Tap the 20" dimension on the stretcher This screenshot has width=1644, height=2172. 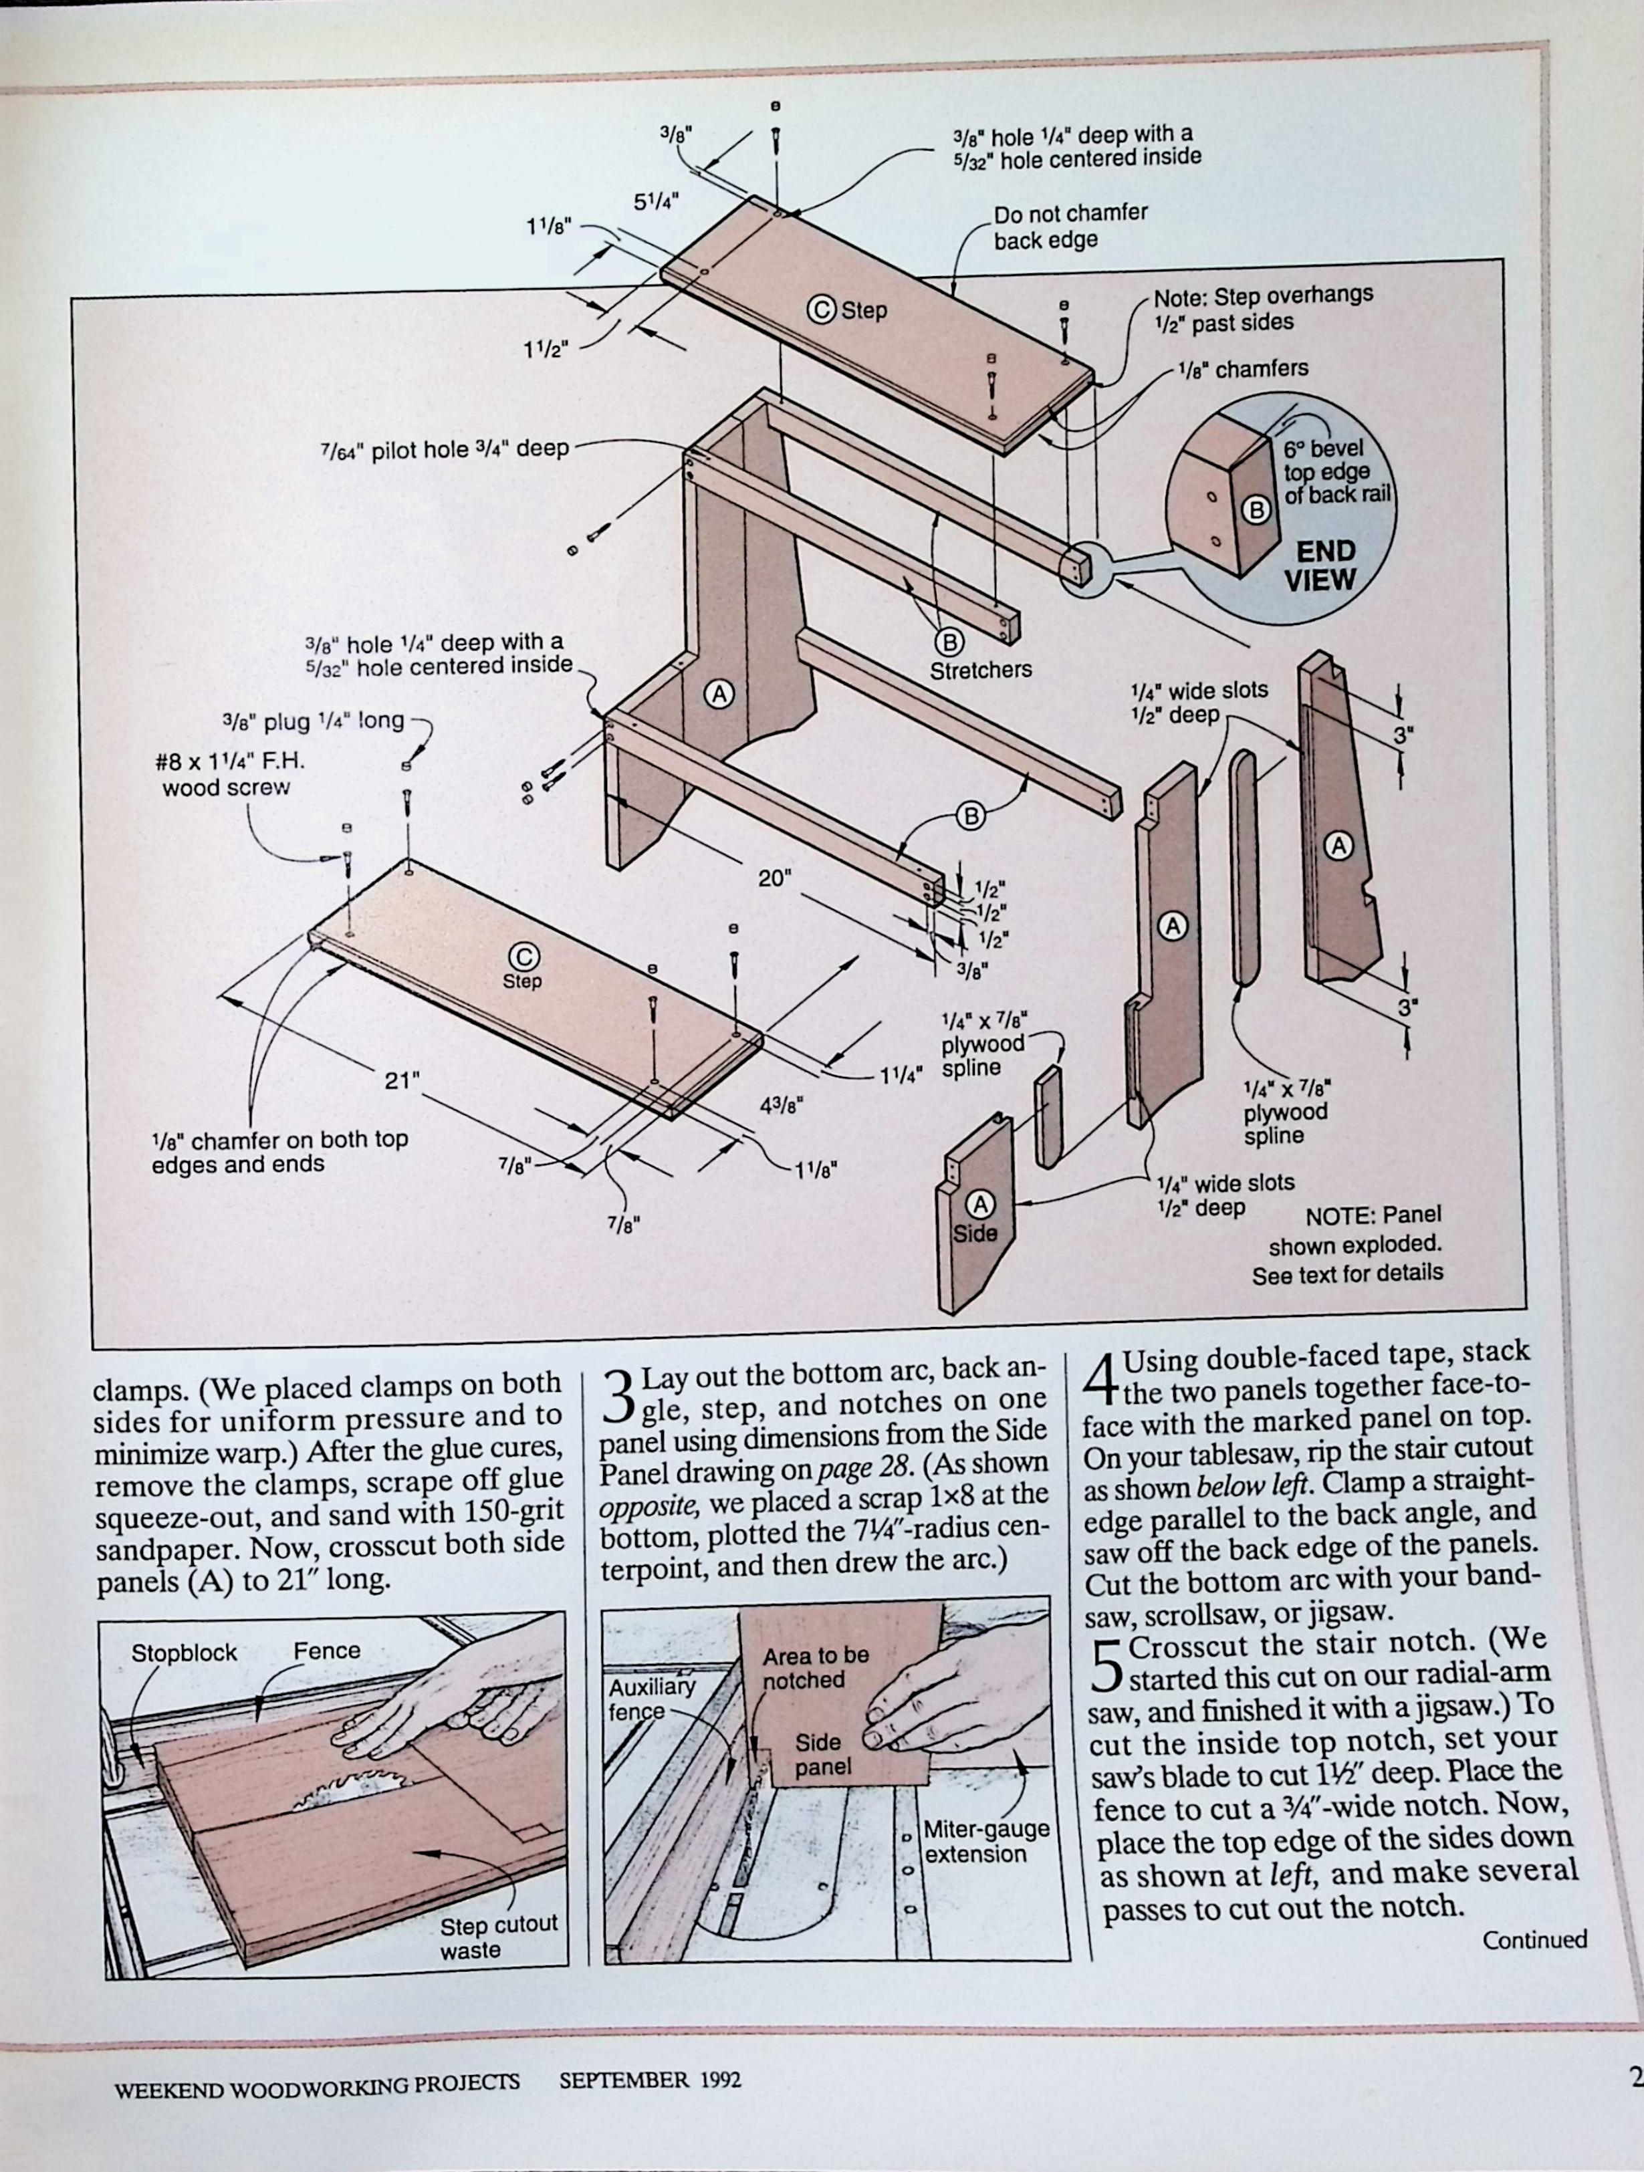pos(774,878)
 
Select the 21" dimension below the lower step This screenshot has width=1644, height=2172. pos(402,1080)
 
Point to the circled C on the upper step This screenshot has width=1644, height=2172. pos(821,310)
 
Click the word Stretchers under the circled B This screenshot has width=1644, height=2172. pos(980,670)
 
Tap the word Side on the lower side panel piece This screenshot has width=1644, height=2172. pos(974,1233)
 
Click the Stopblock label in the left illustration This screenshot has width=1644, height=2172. pos(184,1653)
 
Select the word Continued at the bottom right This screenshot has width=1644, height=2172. pos(1534,1940)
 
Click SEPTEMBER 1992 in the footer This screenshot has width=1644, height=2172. pos(649,2080)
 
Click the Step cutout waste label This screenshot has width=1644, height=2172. pos(497,1936)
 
